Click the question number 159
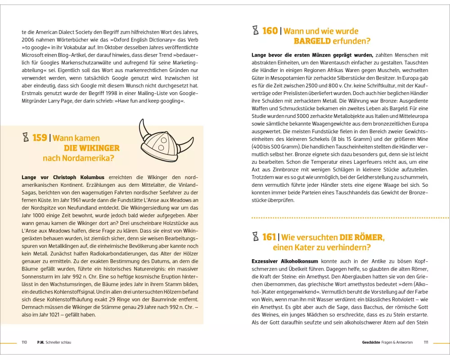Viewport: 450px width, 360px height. click(x=40, y=138)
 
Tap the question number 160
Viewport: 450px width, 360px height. click(x=270, y=31)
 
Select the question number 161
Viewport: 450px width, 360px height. click(x=270, y=237)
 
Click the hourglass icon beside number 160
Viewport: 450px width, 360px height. click(x=256, y=31)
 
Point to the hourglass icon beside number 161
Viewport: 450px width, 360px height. click(x=256, y=237)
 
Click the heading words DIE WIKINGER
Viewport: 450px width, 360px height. click(x=91, y=148)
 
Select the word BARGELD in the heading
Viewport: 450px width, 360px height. click(x=312, y=41)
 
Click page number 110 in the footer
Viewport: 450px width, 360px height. click(x=24, y=342)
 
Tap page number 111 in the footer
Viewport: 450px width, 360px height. click(x=426, y=342)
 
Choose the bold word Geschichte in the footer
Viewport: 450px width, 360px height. click(x=371, y=342)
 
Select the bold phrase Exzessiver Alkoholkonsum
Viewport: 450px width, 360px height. click(x=285, y=261)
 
